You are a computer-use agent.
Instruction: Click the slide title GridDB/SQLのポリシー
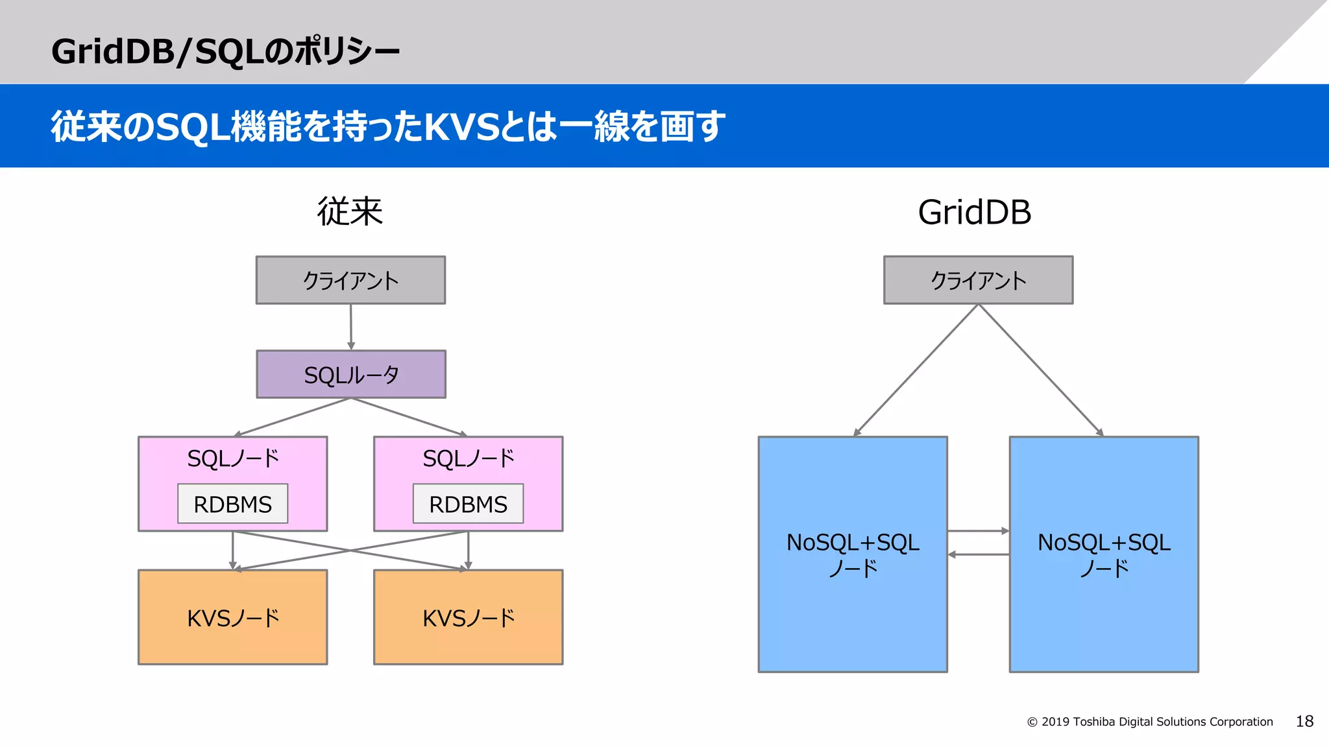[x=225, y=51]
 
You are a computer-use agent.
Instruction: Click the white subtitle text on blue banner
[x=387, y=126]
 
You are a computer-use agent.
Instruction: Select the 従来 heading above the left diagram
[x=350, y=212]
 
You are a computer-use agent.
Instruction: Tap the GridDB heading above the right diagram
[x=974, y=212]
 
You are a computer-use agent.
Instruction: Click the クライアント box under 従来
[x=350, y=280]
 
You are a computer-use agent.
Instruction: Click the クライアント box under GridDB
[x=978, y=280]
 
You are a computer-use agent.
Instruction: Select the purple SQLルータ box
[x=351, y=374]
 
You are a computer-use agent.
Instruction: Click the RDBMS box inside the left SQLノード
[x=232, y=504]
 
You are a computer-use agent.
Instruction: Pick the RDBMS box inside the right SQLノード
[x=468, y=504]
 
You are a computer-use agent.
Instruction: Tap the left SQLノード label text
[x=232, y=458]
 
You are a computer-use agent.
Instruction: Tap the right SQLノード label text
[x=468, y=458]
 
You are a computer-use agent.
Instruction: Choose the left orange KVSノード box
[x=232, y=617]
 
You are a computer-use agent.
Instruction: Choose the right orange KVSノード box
[x=468, y=617]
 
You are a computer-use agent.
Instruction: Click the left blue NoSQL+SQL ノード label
[x=853, y=555]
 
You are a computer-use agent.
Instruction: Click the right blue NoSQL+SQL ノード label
[x=1103, y=555]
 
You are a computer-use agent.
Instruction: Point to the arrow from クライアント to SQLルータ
[x=351, y=327]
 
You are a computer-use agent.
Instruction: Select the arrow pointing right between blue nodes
[x=978, y=531]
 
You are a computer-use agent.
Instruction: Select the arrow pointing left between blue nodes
[x=978, y=554]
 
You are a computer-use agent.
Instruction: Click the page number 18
[x=1304, y=721]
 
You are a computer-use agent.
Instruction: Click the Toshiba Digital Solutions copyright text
[x=1150, y=722]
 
